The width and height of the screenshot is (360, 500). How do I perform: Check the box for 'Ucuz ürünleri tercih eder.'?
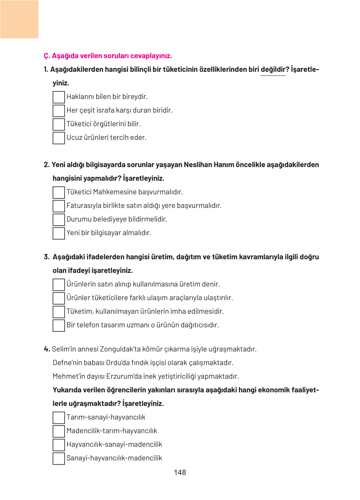click(59, 138)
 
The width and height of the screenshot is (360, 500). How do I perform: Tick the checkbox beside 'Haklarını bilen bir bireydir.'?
click(59, 97)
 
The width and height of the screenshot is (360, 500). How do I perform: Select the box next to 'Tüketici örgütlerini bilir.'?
click(59, 124)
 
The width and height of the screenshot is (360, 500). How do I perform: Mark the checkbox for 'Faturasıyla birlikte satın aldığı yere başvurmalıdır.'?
click(59, 206)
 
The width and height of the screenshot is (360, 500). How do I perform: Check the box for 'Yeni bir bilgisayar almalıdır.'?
click(59, 233)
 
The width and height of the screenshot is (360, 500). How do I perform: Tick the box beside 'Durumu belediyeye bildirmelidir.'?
click(59, 220)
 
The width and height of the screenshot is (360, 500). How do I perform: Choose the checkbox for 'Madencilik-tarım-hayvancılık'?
click(59, 431)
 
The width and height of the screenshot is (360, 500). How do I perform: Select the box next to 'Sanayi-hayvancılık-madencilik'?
click(59, 459)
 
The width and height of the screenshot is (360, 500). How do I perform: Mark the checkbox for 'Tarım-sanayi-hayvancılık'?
click(59, 418)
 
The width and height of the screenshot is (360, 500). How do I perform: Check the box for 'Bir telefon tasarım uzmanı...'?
click(59, 325)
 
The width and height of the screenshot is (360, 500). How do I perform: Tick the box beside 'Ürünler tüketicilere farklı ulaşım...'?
click(59, 298)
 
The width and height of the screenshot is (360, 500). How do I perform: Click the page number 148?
click(180, 472)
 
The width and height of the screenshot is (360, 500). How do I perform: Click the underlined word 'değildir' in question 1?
click(273, 70)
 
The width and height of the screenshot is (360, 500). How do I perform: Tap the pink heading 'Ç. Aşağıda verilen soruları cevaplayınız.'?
click(108, 56)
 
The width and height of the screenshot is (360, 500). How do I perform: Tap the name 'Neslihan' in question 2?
click(197, 165)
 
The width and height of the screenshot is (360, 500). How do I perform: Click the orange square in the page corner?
click(19, 19)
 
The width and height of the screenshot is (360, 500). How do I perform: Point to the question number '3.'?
click(46, 257)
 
